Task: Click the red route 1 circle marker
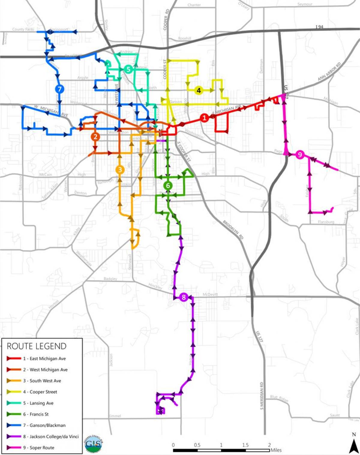(x=205, y=118)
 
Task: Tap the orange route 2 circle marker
(x=95, y=137)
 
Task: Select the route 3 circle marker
(x=120, y=170)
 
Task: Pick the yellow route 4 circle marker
(x=198, y=90)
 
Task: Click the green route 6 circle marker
(x=168, y=186)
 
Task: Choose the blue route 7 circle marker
(x=60, y=89)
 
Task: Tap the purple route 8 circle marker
(x=184, y=297)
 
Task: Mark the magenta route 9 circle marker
(x=300, y=155)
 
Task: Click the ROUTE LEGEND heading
(x=37, y=346)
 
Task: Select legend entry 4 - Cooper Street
(x=43, y=392)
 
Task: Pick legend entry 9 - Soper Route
(x=42, y=448)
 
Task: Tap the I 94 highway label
(x=319, y=27)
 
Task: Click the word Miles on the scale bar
(x=276, y=450)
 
